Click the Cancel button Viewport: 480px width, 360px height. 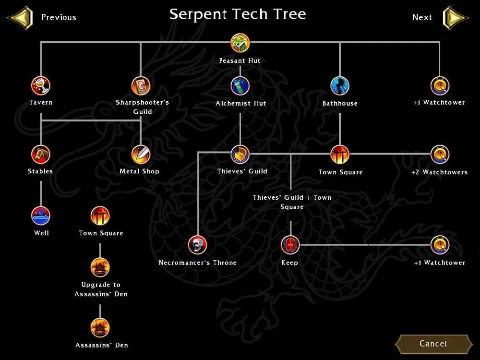(433, 344)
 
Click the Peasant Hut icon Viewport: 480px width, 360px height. (240, 43)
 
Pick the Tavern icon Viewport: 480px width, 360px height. (41, 86)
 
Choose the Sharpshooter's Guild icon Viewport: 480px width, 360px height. (141, 86)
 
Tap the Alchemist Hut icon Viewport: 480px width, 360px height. (240, 86)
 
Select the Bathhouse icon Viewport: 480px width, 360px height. (340, 86)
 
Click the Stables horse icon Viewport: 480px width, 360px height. (41, 155)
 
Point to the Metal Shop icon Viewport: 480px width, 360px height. (141, 155)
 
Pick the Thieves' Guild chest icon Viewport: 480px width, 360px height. (240, 155)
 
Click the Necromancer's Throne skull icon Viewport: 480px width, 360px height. (197, 245)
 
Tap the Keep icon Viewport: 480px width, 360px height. (290, 245)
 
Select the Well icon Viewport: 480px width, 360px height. (41, 216)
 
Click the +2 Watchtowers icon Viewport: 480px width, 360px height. (440, 155)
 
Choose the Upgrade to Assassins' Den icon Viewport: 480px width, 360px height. (100, 267)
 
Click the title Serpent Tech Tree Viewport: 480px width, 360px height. (238, 14)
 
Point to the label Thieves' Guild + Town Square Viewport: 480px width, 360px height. (292, 202)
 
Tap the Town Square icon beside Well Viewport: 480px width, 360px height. (100, 216)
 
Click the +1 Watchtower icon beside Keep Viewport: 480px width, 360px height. (440, 245)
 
